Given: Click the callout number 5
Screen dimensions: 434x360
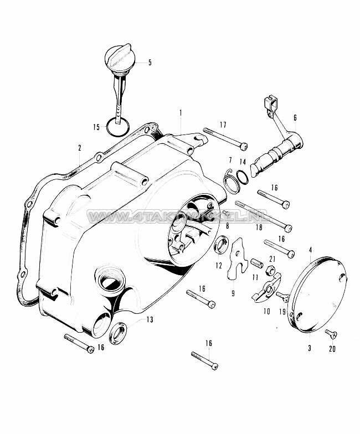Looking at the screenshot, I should pos(149,63).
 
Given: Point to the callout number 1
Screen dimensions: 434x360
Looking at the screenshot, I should pos(180,112).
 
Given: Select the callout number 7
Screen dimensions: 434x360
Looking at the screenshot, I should pos(230,161).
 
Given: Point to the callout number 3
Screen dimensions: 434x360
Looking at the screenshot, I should pos(310,349).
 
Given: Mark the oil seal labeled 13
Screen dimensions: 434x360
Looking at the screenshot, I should pos(118,335).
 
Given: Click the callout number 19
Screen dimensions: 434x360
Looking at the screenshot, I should pos(283,312).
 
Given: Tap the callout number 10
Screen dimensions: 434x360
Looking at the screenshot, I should pos(267,312).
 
